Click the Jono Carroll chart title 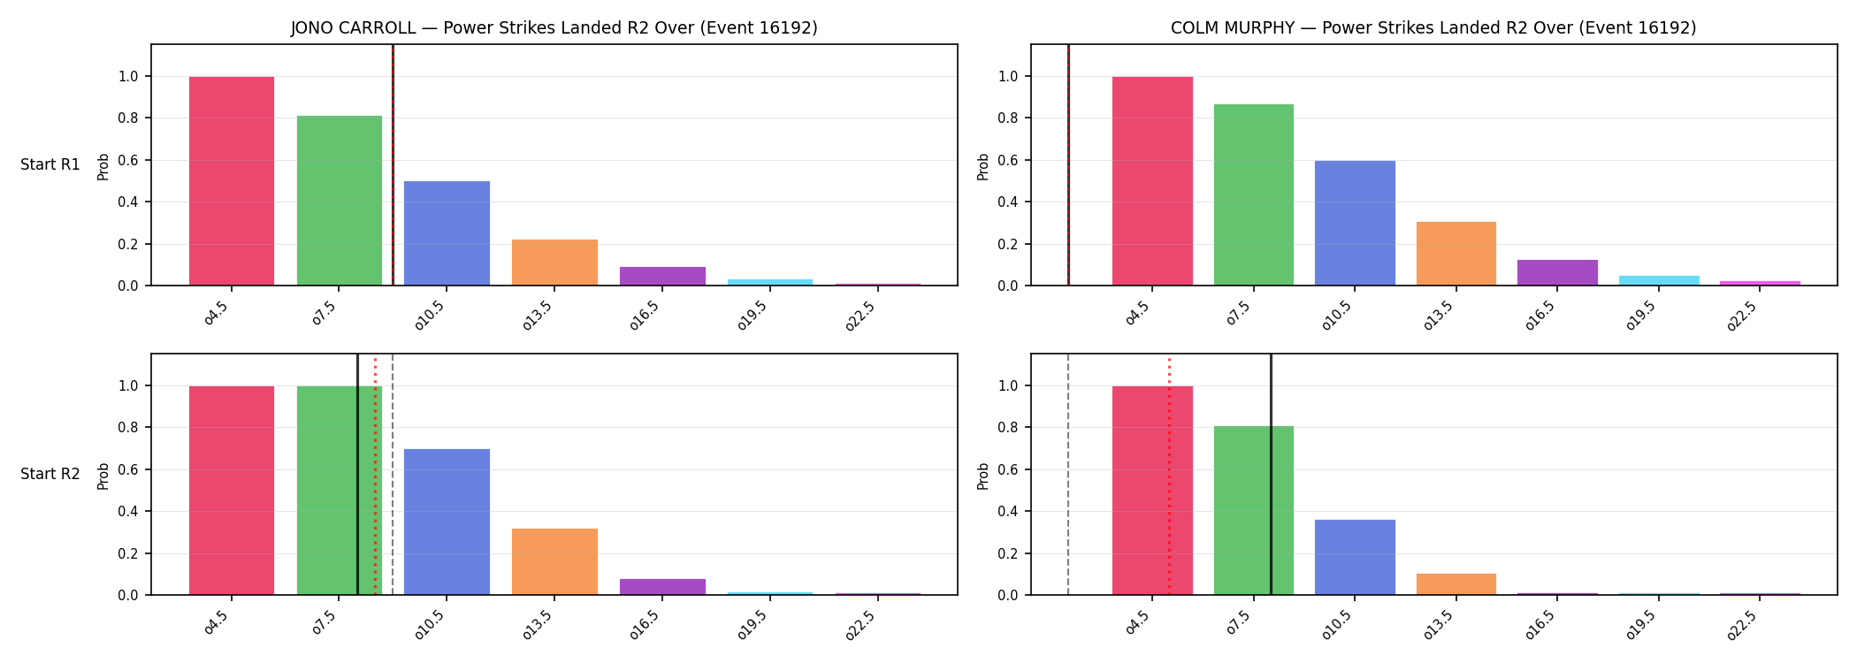554,28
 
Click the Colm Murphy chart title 1433,28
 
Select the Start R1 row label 50,165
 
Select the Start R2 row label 50,475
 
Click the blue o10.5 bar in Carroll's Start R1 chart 447,233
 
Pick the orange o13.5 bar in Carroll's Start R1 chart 554,263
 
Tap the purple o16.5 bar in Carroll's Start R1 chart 662,276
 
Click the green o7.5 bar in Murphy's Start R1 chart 1253,194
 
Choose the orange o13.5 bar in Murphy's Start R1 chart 1456,254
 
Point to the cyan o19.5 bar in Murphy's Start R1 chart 1658,280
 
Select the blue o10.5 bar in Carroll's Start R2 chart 447,522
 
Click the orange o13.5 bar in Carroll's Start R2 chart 554,561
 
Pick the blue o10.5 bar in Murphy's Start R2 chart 1355,557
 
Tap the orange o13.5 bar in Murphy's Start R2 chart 1456,584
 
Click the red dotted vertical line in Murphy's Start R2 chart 1169,476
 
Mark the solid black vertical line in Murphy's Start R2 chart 1271,474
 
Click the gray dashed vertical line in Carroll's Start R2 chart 393,474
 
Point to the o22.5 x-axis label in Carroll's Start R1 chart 860,316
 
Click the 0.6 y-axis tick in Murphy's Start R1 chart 1008,160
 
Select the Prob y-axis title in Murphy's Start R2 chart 983,476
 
